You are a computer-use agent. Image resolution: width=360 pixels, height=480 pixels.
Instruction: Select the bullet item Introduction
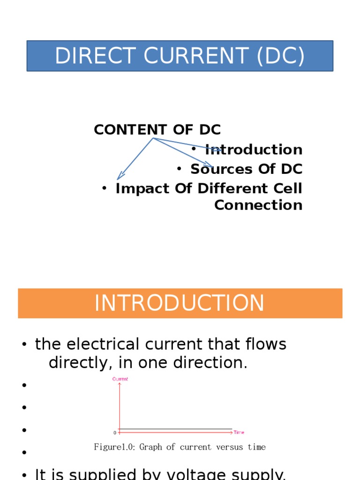tap(254, 150)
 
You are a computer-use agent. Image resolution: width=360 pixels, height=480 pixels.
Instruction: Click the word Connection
tap(258, 205)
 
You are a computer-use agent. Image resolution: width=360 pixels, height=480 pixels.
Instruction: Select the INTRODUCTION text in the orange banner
tap(180, 303)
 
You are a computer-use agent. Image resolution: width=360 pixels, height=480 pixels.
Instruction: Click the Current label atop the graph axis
tap(120, 379)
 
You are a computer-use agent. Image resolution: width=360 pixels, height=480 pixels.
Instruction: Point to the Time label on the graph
tap(239, 432)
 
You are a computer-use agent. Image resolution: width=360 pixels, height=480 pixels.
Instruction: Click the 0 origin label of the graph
tap(115, 433)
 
